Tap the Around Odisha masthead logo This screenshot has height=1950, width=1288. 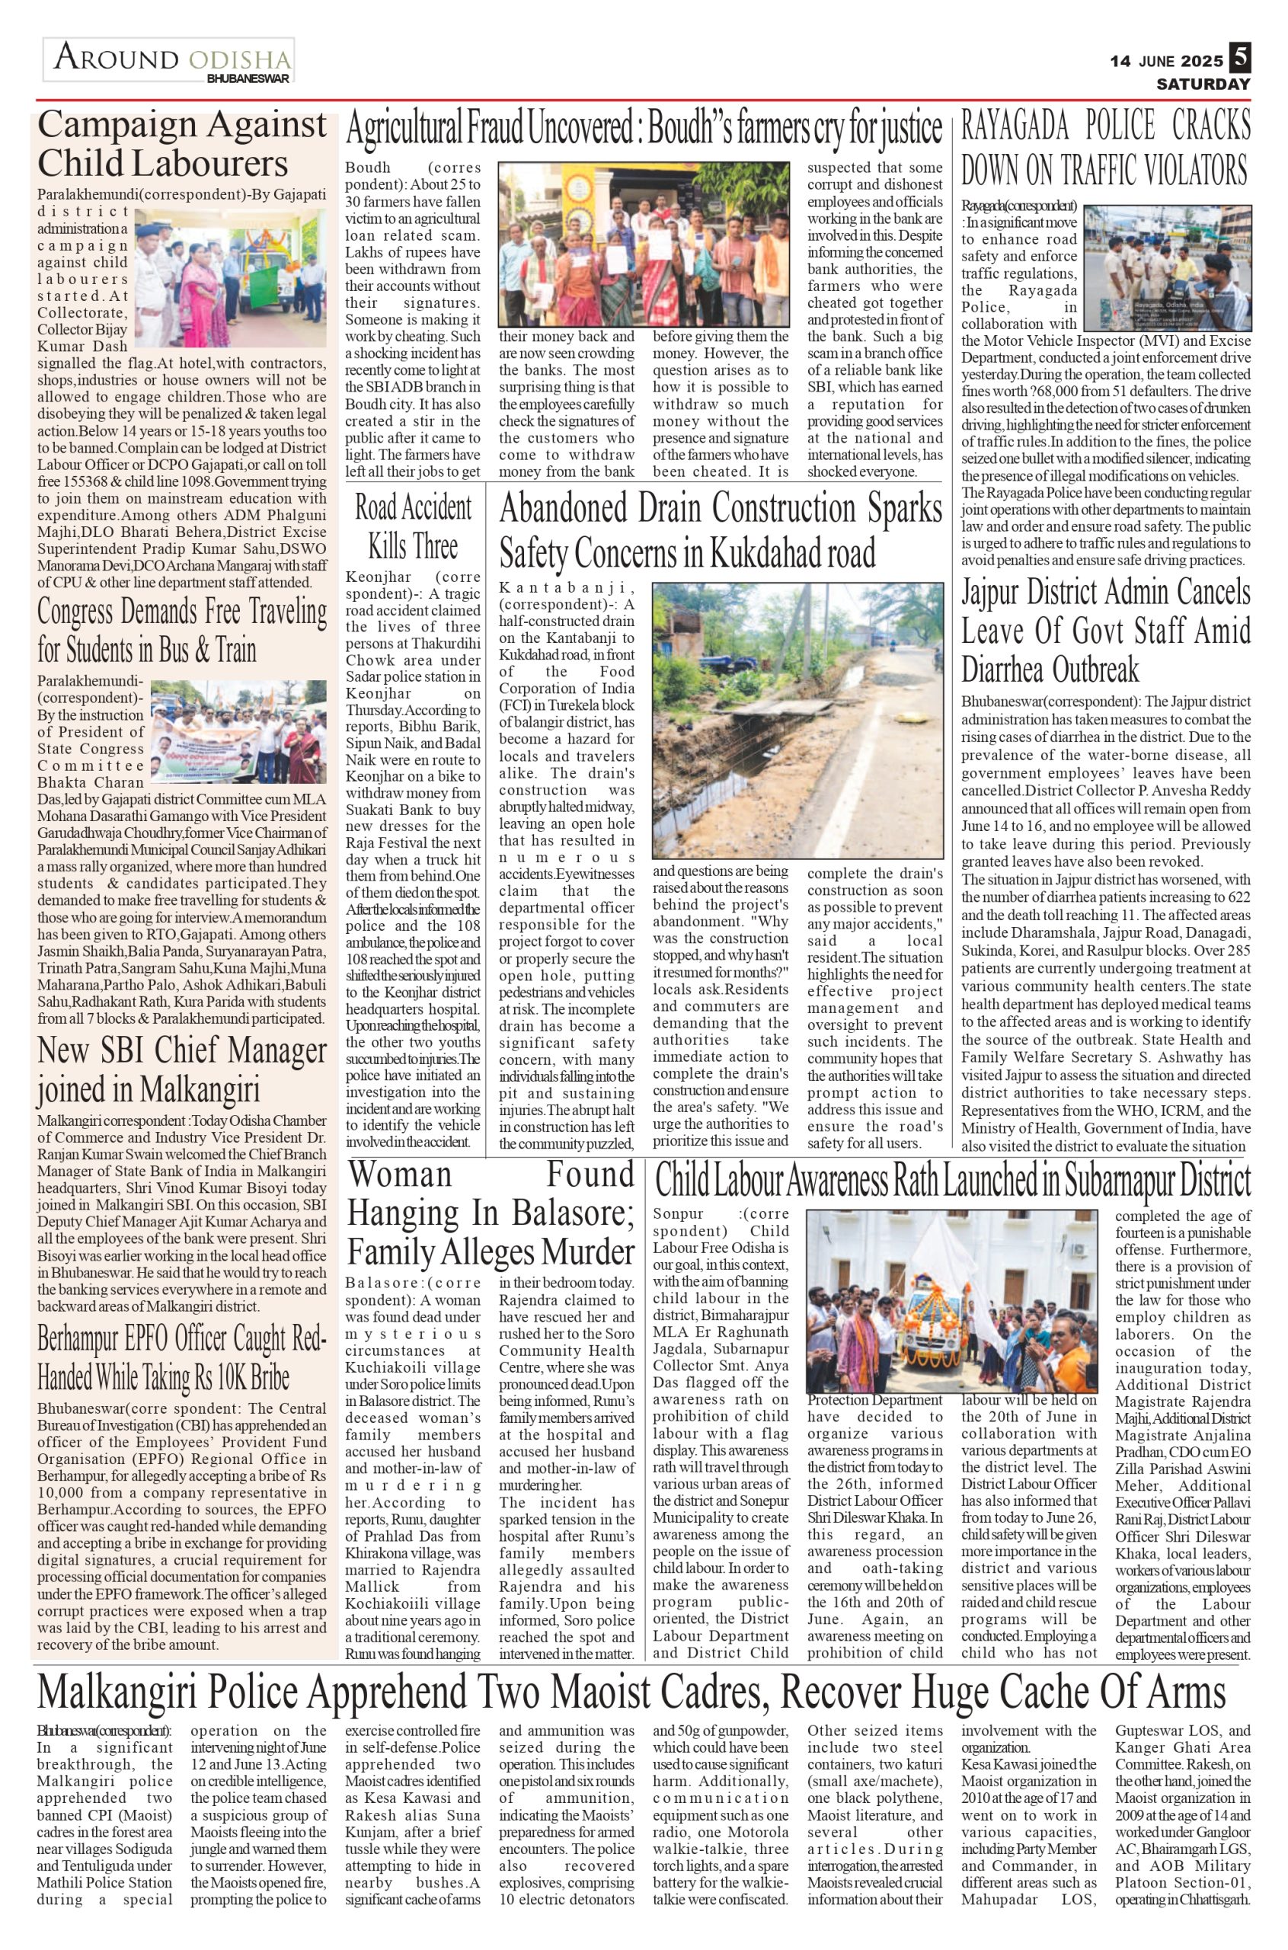click(x=169, y=61)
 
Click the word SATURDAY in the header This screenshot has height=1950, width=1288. click(x=1203, y=84)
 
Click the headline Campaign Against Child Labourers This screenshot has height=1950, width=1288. click(x=181, y=145)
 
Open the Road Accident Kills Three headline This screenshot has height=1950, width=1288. click(x=413, y=526)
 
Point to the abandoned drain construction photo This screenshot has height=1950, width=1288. click(x=797, y=721)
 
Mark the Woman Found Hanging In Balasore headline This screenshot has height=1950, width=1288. click(x=491, y=1214)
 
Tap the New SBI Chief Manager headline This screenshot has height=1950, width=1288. click(x=181, y=1070)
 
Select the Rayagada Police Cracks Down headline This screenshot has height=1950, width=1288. click(x=1106, y=149)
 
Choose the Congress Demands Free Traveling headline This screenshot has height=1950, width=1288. click(x=181, y=631)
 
